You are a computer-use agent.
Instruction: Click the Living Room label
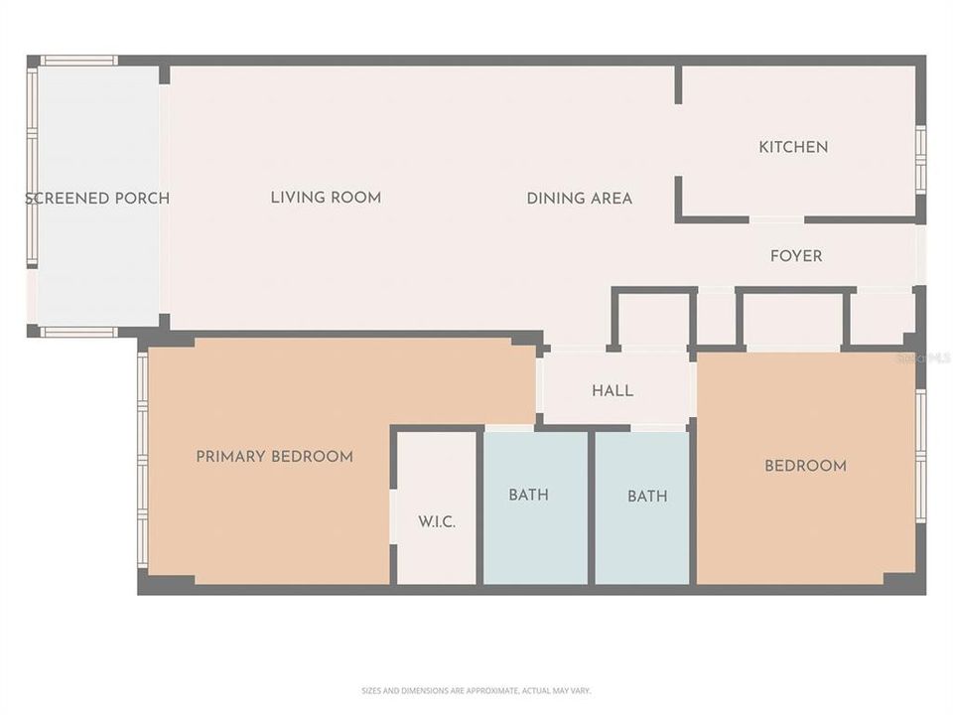click(326, 198)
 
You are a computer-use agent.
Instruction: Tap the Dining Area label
click(579, 199)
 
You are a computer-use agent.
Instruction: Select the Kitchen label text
click(793, 147)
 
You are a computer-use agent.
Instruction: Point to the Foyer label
click(796, 256)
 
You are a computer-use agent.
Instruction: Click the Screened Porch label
click(96, 198)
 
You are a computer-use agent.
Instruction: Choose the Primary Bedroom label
click(274, 457)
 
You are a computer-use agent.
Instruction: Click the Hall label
click(613, 391)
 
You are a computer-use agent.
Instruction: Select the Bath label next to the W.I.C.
click(528, 495)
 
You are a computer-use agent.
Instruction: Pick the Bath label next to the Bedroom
click(647, 496)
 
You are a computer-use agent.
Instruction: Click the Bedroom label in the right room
click(805, 466)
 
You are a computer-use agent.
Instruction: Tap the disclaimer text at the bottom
click(476, 690)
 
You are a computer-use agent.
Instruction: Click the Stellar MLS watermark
click(923, 357)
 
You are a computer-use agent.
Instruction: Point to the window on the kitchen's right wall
click(920, 159)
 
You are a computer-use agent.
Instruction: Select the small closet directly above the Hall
click(651, 320)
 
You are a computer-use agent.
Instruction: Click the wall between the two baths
click(591, 506)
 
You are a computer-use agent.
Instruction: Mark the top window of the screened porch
click(78, 61)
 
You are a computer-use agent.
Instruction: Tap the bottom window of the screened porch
click(78, 332)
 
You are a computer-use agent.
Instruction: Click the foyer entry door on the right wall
click(920, 255)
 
